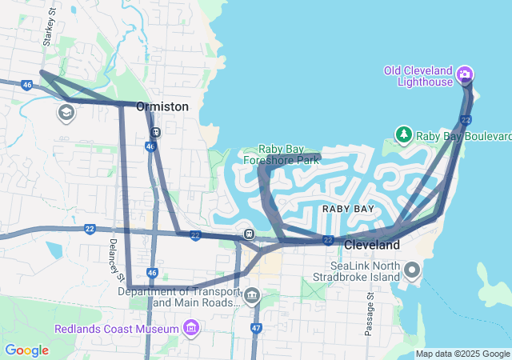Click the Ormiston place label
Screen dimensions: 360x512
(x=162, y=106)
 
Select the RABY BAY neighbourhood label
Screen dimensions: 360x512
(x=348, y=209)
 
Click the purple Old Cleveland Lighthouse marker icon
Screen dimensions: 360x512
(x=465, y=76)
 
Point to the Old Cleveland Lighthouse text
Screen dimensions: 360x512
(x=418, y=77)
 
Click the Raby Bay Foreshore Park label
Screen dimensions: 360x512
(x=289, y=154)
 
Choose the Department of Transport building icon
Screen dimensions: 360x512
(x=253, y=297)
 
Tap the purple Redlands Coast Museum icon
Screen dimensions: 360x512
(x=190, y=329)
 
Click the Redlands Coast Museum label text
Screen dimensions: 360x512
(x=117, y=330)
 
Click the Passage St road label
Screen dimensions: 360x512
(x=370, y=313)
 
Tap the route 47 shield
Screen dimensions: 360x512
(x=256, y=328)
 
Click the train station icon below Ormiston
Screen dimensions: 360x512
(x=156, y=133)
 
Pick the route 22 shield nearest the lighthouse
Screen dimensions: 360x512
(x=466, y=120)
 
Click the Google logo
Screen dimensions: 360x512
(x=26, y=350)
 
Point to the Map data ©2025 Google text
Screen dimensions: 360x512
(x=462, y=354)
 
